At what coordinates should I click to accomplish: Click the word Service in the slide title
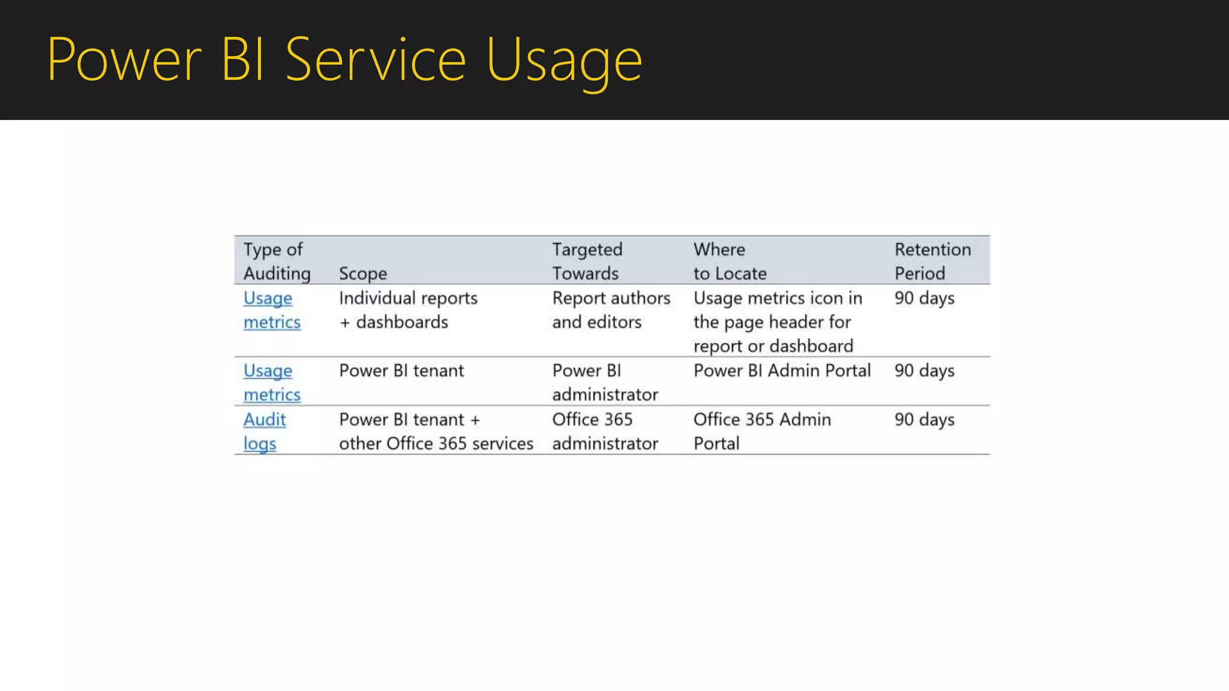[376, 60]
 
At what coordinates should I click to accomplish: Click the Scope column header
[362, 274]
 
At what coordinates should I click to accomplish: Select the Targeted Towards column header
[587, 261]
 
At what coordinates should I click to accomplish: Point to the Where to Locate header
[730, 261]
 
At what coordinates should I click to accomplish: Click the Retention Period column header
[932, 261]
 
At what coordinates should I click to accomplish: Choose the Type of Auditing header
[277, 261]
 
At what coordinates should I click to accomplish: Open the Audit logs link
[264, 431]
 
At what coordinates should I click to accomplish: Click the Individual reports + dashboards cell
[408, 310]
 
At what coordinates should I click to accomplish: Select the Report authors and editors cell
[611, 310]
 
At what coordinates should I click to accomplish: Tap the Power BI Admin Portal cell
[781, 371]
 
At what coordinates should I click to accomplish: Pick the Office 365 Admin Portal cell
[762, 431]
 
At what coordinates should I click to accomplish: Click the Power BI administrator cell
[604, 383]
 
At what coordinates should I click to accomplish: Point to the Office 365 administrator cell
[604, 431]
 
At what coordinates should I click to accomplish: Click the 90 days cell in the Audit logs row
[924, 419]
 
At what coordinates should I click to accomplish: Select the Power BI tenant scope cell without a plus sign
[401, 371]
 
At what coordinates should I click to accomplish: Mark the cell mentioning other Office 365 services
[436, 431]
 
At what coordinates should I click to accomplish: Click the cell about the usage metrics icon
[778, 322]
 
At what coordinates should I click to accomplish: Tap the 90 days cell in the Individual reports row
[924, 298]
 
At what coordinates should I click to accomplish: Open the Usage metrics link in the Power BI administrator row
[271, 383]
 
